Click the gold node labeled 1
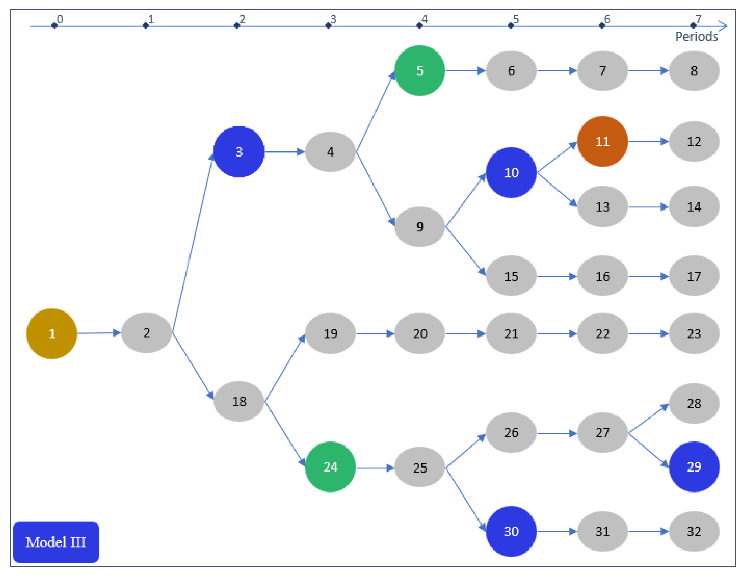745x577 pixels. (x=52, y=334)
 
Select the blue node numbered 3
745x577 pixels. (x=239, y=152)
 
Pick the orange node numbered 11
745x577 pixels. (x=602, y=141)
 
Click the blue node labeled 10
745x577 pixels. (x=511, y=172)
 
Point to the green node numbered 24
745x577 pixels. (x=330, y=467)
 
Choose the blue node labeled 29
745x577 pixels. (x=694, y=467)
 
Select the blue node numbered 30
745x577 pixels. (x=511, y=531)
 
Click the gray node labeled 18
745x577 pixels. (x=239, y=401)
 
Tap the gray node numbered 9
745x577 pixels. (x=420, y=227)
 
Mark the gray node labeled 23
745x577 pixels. (x=694, y=334)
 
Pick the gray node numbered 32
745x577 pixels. (x=694, y=531)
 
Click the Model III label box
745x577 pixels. (x=56, y=542)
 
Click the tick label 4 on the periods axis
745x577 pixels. (x=425, y=19)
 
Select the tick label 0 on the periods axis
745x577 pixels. (x=60, y=19)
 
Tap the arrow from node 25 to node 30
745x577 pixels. (x=466, y=499)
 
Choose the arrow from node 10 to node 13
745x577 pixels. (x=557, y=190)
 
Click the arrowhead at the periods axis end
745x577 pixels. (x=723, y=26)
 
